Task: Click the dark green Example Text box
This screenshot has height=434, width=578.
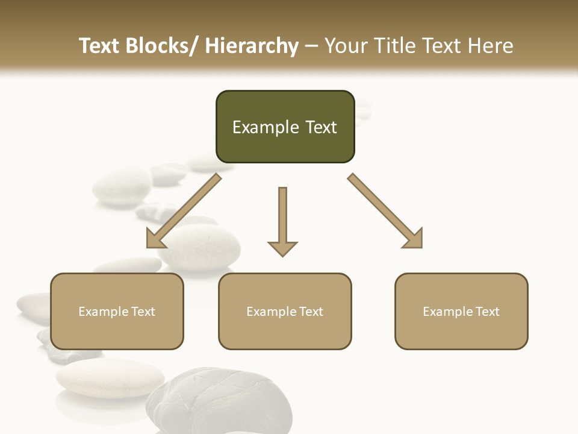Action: (x=285, y=127)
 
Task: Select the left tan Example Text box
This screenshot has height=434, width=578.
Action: (x=117, y=311)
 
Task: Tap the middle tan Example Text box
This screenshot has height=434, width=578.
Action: (x=285, y=311)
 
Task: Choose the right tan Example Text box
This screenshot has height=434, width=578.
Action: (x=461, y=311)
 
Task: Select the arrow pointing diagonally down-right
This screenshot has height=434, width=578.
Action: (x=385, y=211)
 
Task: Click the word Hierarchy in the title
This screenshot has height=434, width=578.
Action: (x=252, y=46)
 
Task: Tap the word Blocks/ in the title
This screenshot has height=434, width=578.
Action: (x=162, y=46)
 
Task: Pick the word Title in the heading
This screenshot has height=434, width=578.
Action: (x=393, y=46)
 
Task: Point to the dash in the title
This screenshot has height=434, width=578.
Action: (x=311, y=46)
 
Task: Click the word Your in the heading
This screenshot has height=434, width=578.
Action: (x=345, y=46)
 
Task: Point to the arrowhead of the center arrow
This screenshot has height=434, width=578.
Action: (x=282, y=248)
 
